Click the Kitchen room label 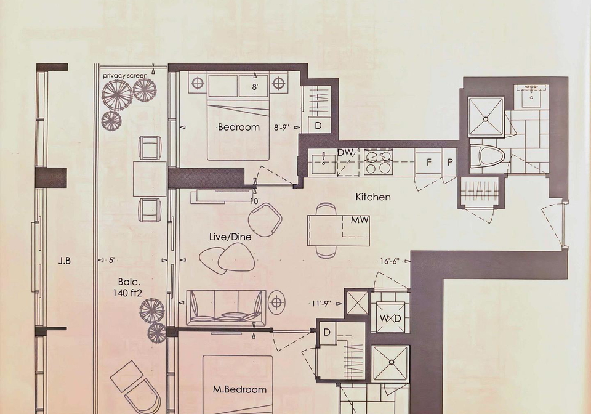click(373, 197)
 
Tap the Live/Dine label click(230, 237)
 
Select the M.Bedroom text click(239, 389)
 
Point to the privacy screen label click(125, 75)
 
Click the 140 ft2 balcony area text click(127, 293)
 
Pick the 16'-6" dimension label click(389, 261)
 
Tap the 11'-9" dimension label click(321, 303)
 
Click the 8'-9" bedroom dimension click(281, 128)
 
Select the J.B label click(65, 261)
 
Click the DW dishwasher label click(345, 153)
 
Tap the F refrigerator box click(428, 162)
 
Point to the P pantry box click(449, 162)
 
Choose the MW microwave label click(360, 220)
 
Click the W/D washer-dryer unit click(390, 317)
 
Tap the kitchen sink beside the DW click(323, 162)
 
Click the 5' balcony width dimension click(111, 260)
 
